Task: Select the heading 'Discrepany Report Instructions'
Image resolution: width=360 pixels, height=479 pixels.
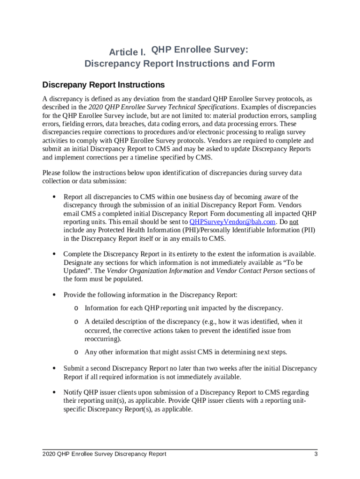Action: pos(103,85)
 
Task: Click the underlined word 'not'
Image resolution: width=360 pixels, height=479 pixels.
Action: pos(294,222)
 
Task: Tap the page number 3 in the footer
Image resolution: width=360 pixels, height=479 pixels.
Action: pos(316,454)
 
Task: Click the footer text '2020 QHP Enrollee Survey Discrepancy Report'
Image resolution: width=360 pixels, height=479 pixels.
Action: pos(104,454)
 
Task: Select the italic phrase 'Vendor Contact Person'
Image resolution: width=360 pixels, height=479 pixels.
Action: pos(249,271)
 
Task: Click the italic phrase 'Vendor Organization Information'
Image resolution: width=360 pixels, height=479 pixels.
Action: pos(154,271)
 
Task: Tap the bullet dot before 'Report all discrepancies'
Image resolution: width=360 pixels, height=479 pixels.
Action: pos(54,197)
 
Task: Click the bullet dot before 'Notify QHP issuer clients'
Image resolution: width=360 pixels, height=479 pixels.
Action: pos(54,392)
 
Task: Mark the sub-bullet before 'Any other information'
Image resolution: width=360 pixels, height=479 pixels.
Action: pos(76,352)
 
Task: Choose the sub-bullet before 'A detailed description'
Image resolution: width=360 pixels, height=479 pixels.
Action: pos(76,322)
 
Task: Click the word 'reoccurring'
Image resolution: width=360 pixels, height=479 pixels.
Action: pos(102,339)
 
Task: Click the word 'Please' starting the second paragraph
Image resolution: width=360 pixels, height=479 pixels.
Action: pos(52,173)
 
